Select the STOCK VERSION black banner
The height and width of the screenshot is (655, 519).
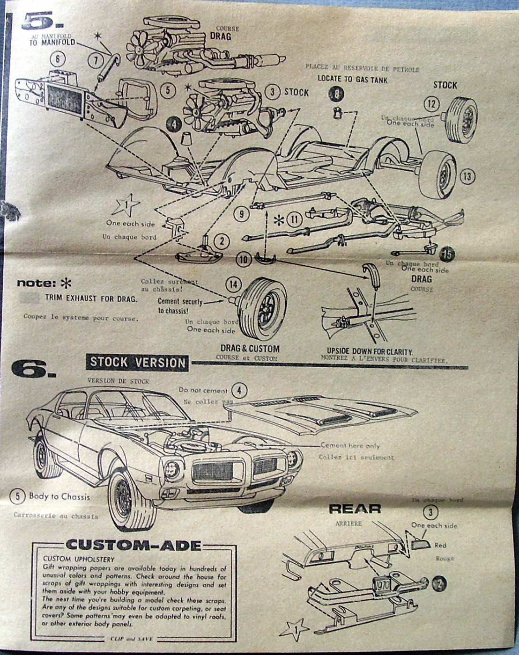(x=137, y=362)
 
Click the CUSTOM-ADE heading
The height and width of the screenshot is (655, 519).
(x=133, y=545)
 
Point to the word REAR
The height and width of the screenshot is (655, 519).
(x=355, y=509)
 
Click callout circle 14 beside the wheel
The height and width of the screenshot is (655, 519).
(x=234, y=284)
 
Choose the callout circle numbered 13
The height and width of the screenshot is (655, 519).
(x=467, y=176)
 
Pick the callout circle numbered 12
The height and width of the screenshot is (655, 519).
(x=431, y=104)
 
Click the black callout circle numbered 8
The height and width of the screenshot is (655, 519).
(x=336, y=95)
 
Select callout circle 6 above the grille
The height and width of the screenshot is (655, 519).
(x=58, y=58)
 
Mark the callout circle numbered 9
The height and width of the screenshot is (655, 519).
(x=241, y=214)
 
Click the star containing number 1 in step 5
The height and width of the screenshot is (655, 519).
(x=125, y=205)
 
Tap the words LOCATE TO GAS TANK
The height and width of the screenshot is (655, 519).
(x=352, y=79)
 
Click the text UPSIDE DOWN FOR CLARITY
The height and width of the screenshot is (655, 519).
(x=370, y=351)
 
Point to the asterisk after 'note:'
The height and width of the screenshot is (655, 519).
(x=67, y=283)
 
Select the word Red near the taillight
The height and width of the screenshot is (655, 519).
(x=440, y=545)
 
